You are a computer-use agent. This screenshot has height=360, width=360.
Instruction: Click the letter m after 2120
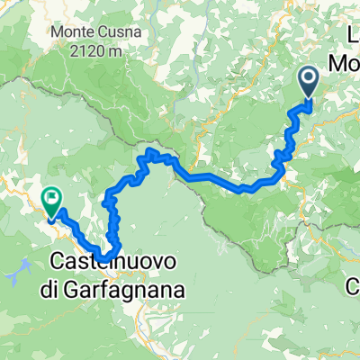click(117, 51)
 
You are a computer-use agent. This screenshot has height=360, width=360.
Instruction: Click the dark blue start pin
click(309, 83)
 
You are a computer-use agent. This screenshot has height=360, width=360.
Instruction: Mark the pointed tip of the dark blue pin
click(309, 98)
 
